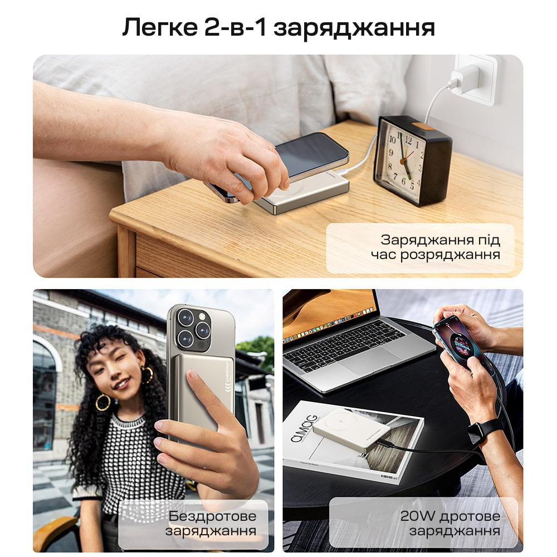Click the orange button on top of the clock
point(424,126)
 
